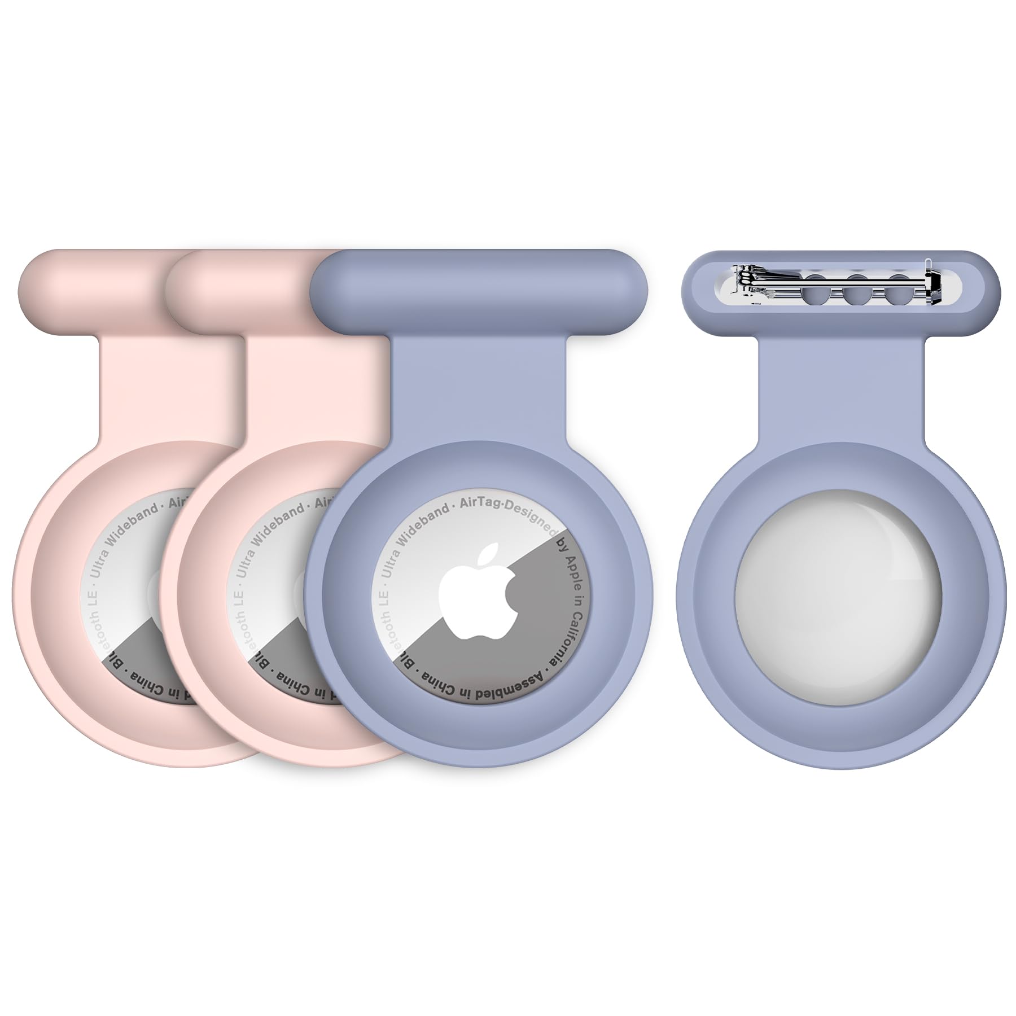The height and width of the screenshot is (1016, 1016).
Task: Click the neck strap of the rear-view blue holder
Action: point(840,395)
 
